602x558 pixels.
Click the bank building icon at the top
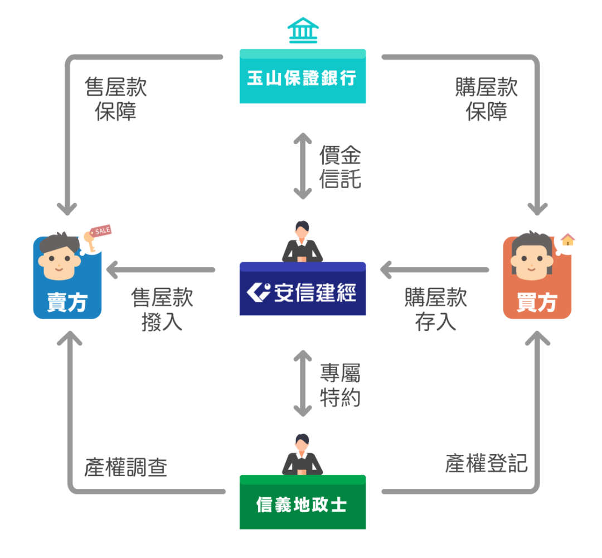pos(303,30)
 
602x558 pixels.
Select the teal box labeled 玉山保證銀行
pos(303,76)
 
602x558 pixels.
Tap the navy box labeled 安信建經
pos(303,289)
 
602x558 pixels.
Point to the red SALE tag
pos(101,230)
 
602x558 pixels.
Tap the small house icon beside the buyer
pos(568,239)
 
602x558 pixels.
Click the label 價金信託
pos(340,167)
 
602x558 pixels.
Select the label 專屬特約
pos(340,385)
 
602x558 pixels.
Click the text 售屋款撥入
pos(162,310)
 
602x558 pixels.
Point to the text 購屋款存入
pos(435,310)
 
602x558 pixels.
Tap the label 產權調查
pos(126,467)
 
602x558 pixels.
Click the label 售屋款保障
pos(115,99)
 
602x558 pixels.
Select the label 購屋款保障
pos(487,99)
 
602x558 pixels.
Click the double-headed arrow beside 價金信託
pos(303,166)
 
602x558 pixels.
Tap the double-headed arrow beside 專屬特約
pos(303,383)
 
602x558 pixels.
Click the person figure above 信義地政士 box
pos(302,455)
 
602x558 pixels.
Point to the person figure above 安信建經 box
pos(302,242)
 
